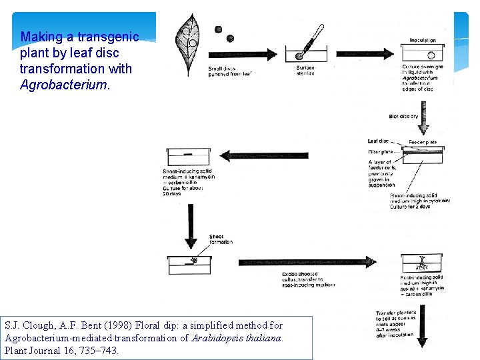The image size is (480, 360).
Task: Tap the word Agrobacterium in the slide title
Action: point(63,85)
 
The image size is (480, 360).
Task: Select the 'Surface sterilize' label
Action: point(305,70)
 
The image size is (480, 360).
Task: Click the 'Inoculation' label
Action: point(423,40)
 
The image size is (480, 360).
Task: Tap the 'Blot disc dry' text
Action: point(403,117)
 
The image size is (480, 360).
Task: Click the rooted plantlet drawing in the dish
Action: point(423,261)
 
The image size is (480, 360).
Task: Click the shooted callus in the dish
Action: point(193,261)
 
